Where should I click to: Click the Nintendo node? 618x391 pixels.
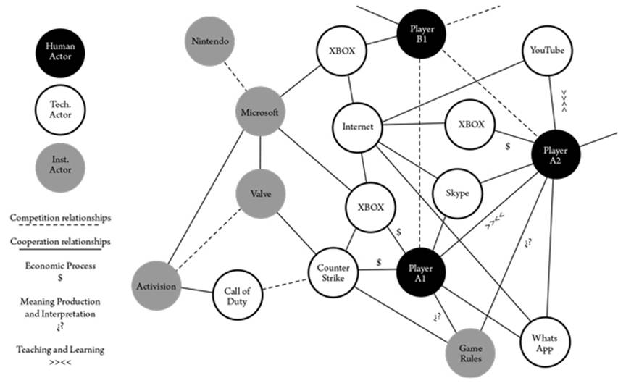click(209, 42)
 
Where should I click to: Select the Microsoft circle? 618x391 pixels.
click(259, 112)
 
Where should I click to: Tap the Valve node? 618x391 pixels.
click(260, 194)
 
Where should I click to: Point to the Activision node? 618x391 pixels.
click(155, 285)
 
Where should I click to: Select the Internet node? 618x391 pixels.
click(356, 127)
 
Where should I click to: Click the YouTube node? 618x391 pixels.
click(547, 50)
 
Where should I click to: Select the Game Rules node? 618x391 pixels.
click(470, 353)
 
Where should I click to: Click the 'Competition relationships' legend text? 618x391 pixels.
click(60, 216)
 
